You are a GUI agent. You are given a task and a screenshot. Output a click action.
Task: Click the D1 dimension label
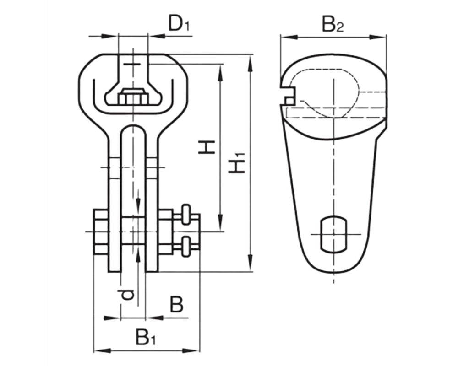tap(179, 23)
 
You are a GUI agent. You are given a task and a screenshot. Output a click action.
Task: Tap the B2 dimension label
tap(333, 25)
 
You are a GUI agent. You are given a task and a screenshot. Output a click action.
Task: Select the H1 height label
tap(237, 163)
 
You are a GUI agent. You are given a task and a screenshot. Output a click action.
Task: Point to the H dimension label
tap(207, 147)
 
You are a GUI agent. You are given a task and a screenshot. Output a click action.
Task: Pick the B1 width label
tap(146, 337)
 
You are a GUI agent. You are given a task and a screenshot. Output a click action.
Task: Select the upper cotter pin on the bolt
tap(186, 214)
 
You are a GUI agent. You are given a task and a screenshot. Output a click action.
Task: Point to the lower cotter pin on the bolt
tap(186, 247)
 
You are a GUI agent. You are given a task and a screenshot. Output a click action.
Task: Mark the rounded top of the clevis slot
tap(133, 127)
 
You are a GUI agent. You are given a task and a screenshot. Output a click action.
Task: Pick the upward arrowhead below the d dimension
tap(138, 255)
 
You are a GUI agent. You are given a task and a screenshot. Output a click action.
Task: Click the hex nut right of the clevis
tap(166, 232)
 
